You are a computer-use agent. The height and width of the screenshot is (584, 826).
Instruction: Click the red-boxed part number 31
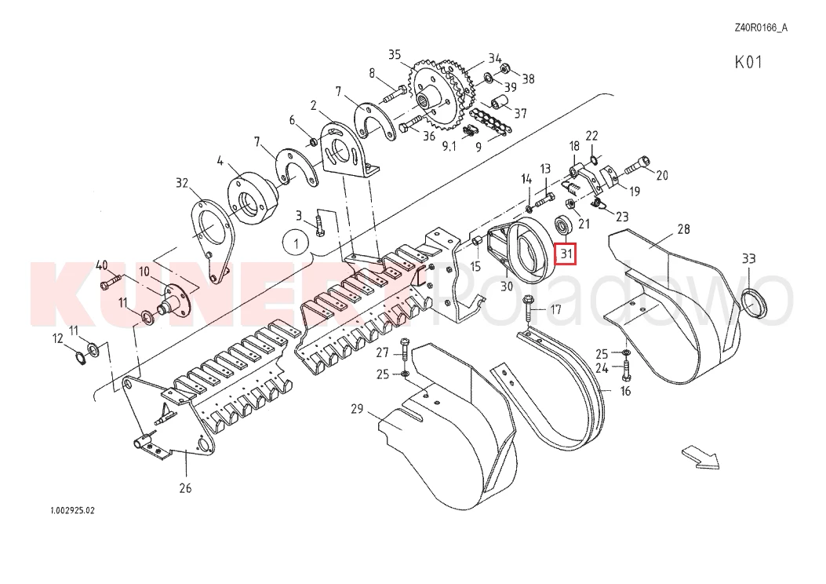tap(566, 254)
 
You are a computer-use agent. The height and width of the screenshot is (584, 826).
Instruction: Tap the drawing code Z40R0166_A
tap(760, 28)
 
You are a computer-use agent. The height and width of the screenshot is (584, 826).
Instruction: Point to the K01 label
tap(748, 63)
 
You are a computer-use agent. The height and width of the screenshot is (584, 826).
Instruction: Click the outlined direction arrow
tap(700, 457)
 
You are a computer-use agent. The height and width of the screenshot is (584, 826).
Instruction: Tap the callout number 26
tap(185, 488)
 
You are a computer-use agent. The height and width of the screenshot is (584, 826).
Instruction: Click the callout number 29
tap(357, 409)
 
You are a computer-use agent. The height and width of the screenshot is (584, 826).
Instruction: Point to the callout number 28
tap(683, 229)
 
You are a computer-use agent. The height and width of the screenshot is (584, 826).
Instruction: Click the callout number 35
tap(395, 54)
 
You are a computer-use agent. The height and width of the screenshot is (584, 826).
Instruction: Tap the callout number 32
tap(182, 184)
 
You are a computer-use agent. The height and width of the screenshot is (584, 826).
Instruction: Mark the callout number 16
tap(625, 391)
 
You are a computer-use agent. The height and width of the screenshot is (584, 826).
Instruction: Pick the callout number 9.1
tap(449, 147)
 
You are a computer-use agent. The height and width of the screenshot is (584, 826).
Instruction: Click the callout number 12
tap(57, 339)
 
